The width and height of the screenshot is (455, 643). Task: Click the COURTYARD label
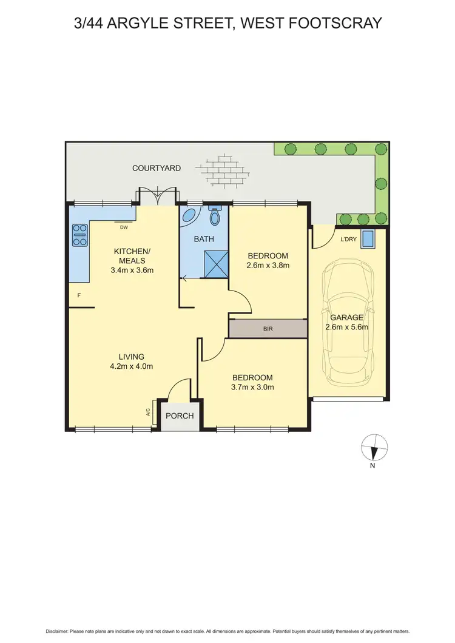[157, 168]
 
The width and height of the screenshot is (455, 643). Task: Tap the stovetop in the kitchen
[80, 235]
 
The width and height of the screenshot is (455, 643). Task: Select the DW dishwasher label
[124, 227]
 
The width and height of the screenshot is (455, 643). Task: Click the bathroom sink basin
[189, 217]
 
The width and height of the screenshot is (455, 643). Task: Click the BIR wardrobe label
[268, 329]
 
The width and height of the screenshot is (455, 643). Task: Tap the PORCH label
[180, 416]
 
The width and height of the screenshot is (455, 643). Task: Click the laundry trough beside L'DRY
[368, 238]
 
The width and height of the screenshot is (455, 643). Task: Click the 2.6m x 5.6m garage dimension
[346, 327]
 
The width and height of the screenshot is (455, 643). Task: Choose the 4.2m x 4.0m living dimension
[132, 366]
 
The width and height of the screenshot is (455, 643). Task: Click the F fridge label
[79, 295]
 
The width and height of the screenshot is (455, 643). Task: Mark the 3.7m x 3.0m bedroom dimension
[252, 387]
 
